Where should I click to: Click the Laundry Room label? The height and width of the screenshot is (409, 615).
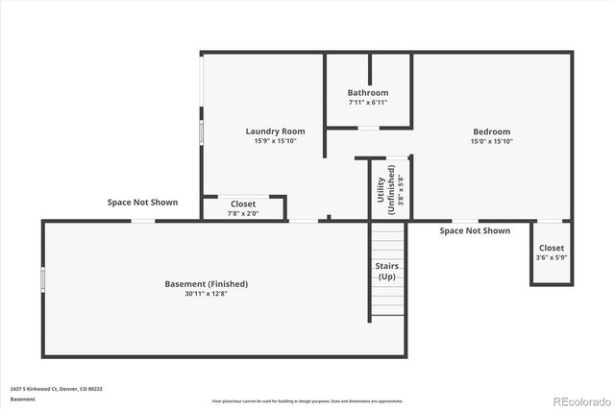pyautogui.click(x=275, y=132)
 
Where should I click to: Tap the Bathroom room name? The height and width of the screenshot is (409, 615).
pyautogui.click(x=368, y=93)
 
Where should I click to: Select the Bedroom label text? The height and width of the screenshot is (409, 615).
pyautogui.click(x=491, y=132)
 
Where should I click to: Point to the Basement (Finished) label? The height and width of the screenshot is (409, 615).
pyautogui.click(x=207, y=284)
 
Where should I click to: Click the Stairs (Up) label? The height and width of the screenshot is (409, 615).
pyautogui.click(x=386, y=272)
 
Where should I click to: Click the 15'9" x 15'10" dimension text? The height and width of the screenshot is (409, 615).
pyautogui.click(x=275, y=141)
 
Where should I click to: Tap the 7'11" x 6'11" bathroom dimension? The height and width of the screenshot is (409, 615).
pyautogui.click(x=368, y=103)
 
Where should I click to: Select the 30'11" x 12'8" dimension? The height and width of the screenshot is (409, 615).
pyautogui.click(x=207, y=294)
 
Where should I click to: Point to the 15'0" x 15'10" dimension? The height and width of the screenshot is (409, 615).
pyautogui.click(x=491, y=141)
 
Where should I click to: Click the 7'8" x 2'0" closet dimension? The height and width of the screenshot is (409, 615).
pyautogui.click(x=243, y=213)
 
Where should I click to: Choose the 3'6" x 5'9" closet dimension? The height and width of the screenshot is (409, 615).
pyautogui.click(x=551, y=257)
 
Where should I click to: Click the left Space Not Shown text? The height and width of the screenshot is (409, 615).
pyautogui.click(x=142, y=203)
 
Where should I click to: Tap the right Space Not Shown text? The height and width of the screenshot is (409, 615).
pyautogui.click(x=475, y=230)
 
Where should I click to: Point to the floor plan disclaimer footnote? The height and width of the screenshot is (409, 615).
pyautogui.click(x=307, y=400)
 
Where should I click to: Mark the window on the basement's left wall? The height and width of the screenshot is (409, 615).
pyautogui.click(x=42, y=279)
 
